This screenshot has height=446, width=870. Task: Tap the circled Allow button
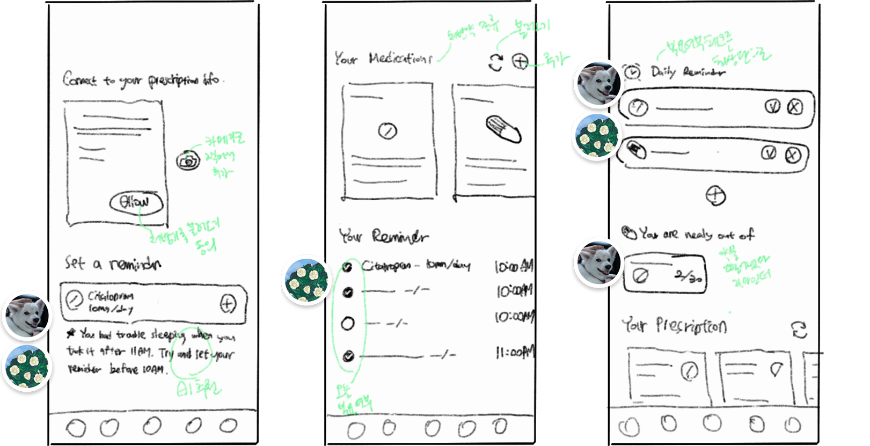click(x=136, y=203)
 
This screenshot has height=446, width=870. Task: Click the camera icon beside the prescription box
click(x=187, y=160)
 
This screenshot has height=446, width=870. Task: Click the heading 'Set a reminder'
click(x=113, y=264)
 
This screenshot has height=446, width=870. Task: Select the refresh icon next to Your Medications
click(x=495, y=62)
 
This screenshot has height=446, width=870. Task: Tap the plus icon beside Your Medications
click(x=520, y=62)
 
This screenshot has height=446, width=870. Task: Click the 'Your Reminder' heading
click(x=383, y=236)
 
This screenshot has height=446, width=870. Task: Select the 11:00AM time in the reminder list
click(x=514, y=353)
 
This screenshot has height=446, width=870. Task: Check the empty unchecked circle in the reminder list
click(x=348, y=324)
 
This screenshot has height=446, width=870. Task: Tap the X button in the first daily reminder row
click(x=794, y=107)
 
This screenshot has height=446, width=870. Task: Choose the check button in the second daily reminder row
click(x=769, y=153)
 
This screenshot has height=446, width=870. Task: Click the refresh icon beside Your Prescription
click(x=799, y=330)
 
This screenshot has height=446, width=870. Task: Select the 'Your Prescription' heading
click(x=674, y=326)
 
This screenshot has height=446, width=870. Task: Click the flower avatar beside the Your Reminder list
click(x=305, y=279)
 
